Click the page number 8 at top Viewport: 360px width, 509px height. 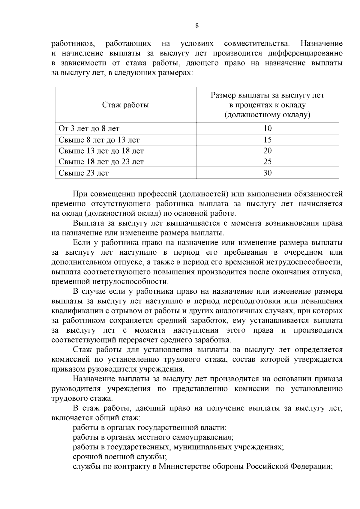197,26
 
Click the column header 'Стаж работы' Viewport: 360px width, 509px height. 125,105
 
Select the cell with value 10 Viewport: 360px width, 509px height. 267,128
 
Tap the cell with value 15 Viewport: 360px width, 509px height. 267,140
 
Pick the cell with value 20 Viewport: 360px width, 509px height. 267,151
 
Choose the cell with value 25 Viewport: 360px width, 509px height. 267,162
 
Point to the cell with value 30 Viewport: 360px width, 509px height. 267,173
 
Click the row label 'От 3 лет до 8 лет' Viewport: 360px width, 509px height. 89,129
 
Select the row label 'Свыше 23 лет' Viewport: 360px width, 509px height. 84,173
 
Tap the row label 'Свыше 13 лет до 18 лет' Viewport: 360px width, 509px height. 101,151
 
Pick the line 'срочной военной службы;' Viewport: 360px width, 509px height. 120,457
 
